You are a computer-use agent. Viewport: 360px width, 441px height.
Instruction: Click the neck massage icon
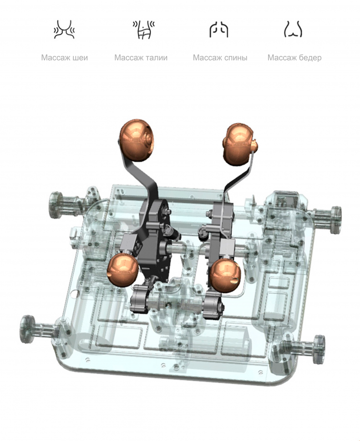click(64, 29)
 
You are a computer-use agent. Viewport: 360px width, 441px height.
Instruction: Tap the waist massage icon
click(144, 29)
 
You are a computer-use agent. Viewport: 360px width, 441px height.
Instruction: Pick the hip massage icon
click(293, 29)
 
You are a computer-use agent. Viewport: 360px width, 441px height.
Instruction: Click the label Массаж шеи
click(65, 58)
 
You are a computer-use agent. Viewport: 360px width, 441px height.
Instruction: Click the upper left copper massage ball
click(137, 140)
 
